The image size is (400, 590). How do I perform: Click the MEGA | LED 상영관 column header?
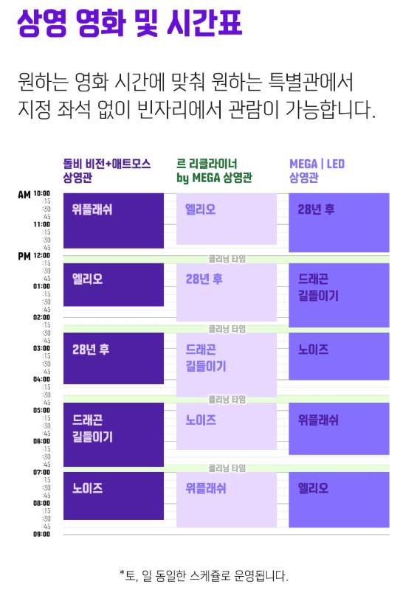point(317,170)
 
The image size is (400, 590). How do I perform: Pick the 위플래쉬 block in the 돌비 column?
point(114,221)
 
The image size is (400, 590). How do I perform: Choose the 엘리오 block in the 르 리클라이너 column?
point(226,219)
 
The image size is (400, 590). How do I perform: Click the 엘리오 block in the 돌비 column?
point(114,284)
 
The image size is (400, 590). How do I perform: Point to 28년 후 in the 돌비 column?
point(114,358)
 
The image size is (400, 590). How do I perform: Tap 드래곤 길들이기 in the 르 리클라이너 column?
point(226,364)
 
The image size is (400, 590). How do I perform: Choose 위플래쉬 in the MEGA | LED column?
point(338,428)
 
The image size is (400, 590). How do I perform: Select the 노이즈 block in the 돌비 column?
point(114,498)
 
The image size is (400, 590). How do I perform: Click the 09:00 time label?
point(41,534)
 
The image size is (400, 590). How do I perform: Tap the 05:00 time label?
point(41,410)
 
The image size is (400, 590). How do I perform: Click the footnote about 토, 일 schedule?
point(203,575)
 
